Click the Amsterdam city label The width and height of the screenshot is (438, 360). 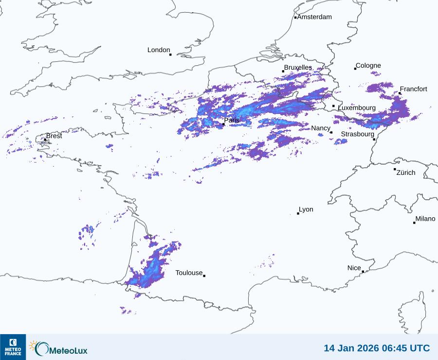tap(314, 17)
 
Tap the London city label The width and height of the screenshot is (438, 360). tap(159, 50)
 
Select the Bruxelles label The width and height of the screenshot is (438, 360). tap(298, 67)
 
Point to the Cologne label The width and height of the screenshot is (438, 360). tap(368, 66)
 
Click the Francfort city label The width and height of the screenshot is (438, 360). tap(413, 89)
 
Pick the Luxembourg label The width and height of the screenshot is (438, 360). tap(357, 108)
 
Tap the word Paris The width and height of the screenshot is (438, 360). tap(232, 120)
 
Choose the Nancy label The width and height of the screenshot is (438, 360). tap(321, 128)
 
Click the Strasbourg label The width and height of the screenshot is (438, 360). tap(357, 134)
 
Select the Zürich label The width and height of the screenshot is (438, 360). tap(406, 172)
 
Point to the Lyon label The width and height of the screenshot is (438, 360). tap(306, 209)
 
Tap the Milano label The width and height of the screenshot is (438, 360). tap(425, 219)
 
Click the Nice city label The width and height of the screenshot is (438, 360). tap(354, 268)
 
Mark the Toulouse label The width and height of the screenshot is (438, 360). tap(189, 273)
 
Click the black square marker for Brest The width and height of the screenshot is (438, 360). tap(45, 140)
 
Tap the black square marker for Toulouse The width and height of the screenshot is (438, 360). tap(204, 276)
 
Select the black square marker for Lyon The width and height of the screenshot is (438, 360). tap(298, 213)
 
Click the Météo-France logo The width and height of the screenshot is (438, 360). tap(13, 347)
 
